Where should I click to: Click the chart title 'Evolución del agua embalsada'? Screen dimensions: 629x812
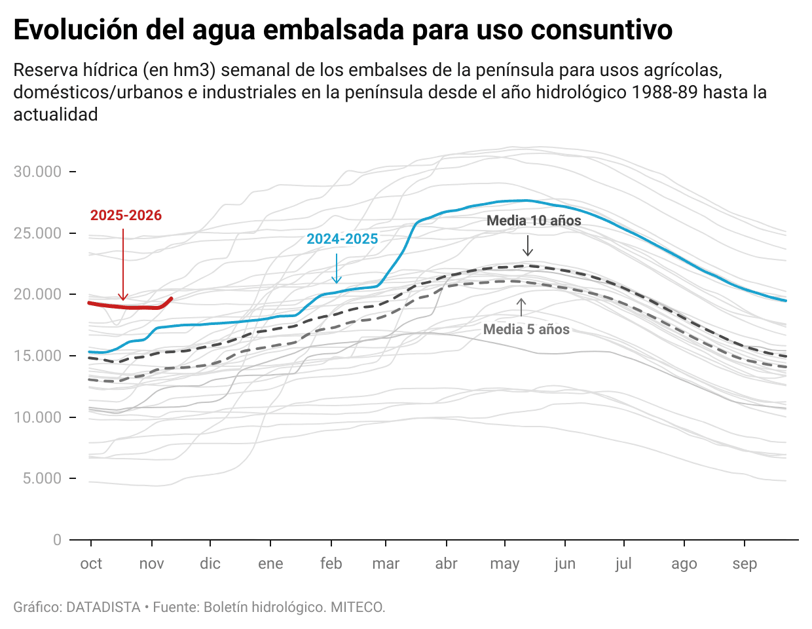click(342, 30)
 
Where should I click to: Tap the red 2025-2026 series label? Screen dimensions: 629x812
click(126, 216)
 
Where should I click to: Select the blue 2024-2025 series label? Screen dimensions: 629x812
click(342, 239)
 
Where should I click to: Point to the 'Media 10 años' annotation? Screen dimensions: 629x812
click(534, 221)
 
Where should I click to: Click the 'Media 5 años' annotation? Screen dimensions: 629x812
click(526, 330)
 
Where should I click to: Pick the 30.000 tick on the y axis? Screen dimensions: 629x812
click(38, 172)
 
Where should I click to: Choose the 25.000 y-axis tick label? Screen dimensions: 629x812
click(38, 233)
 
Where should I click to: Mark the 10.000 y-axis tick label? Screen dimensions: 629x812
click(38, 417)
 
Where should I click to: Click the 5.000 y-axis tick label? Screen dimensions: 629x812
click(42, 479)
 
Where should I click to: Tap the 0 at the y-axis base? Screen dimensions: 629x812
click(57, 540)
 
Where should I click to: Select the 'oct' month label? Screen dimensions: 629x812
click(91, 564)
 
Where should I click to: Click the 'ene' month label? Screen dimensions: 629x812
click(270, 564)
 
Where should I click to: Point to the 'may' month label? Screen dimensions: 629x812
click(504, 564)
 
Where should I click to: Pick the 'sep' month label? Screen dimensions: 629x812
click(745, 564)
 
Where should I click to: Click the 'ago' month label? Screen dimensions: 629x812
click(684, 564)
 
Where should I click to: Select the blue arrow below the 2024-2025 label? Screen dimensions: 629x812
click(337, 269)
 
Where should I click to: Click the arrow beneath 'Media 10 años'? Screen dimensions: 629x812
click(528, 245)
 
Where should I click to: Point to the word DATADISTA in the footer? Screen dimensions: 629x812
click(103, 607)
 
